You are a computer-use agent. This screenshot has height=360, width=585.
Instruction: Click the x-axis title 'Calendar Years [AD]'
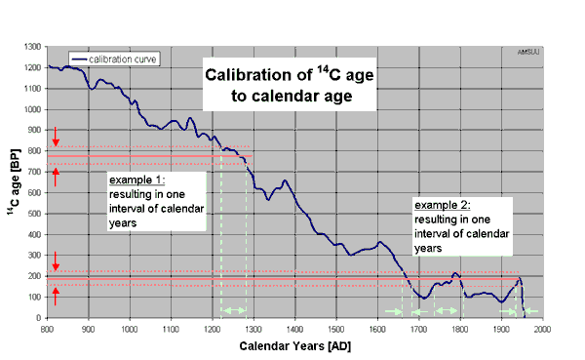pos(293,346)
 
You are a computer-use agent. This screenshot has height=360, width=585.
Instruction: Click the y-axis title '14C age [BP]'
pos(13,181)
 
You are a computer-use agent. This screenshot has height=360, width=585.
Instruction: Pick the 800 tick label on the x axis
pos(47,329)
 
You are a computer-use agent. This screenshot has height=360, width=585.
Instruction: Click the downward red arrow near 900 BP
pos(57,135)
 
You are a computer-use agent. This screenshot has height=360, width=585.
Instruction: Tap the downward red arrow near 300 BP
pos(57,260)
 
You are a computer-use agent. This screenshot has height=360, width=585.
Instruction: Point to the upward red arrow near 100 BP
pos(57,297)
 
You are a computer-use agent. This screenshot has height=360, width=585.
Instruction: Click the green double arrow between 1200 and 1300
pos(234,310)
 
